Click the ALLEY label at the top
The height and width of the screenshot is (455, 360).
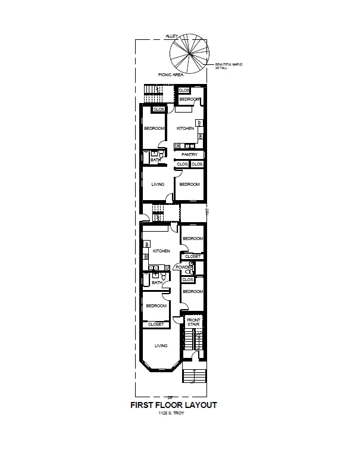(x=171, y=36)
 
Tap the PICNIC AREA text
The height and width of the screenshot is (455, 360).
(x=171, y=75)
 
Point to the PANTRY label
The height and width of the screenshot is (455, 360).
(x=189, y=155)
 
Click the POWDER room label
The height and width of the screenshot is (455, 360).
(x=184, y=267)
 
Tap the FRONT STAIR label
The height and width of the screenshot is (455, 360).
(x=193, y=322)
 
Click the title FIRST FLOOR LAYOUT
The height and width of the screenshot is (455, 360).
(x=174, y=405)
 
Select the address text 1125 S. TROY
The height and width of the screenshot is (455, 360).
(x=171, y=413)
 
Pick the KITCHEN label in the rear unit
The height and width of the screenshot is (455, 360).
(x=185, y=129)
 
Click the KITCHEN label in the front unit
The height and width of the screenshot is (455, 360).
(x=161, y=251)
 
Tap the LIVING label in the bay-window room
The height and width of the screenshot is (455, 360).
(x=161, y=345)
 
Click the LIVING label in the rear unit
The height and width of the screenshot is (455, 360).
(x=158, y=184)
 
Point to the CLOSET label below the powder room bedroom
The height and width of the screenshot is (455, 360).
(x=193, y=256)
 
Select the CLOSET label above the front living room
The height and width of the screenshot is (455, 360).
(x=156, y=325)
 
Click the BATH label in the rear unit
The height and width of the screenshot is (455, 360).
(x=155, y=160)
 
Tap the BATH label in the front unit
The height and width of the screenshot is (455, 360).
(x=156, y=282)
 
